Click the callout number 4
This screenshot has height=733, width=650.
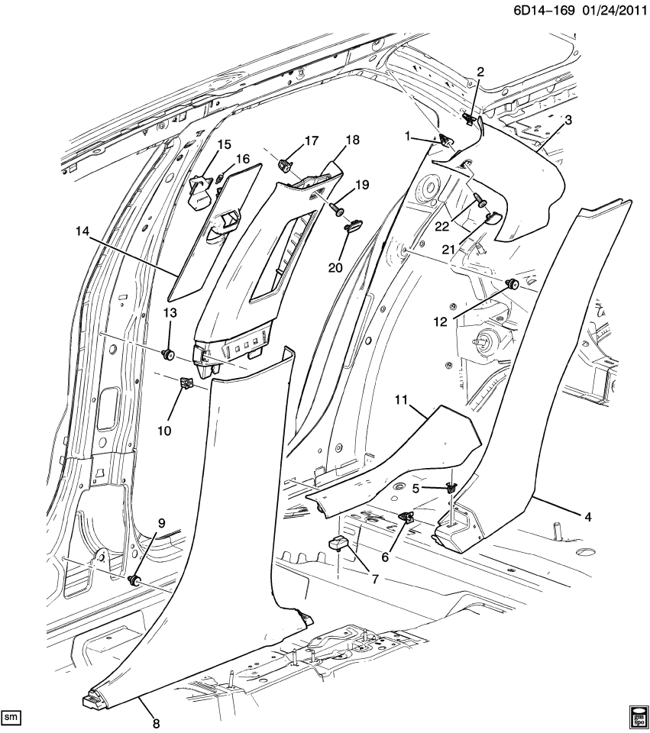587,517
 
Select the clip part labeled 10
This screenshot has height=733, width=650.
185,384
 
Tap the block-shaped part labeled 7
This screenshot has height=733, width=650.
338,544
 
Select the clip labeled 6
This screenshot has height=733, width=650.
405,518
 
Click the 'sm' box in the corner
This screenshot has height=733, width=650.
11,717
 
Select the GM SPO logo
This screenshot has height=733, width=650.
637,716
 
